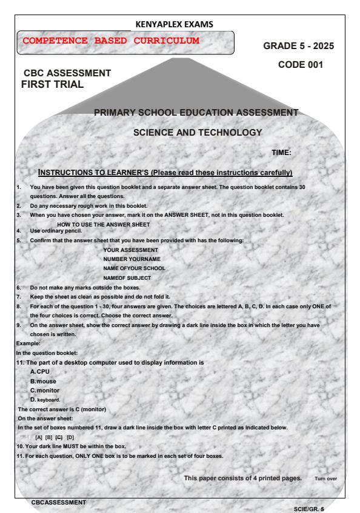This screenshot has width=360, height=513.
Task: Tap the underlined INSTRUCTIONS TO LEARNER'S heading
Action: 165,173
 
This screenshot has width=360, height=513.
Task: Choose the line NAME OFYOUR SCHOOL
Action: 135,268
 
